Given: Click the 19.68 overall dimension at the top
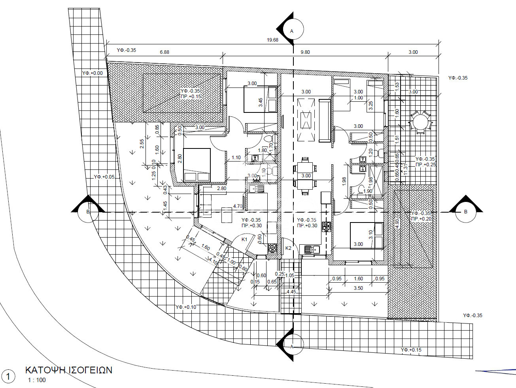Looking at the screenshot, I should [273, 40].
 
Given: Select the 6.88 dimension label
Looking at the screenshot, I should [164, 52].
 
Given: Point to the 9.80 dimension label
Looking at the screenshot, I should [305, 52].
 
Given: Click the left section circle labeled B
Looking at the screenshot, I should [88, 212].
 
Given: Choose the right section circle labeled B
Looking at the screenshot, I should [465, 212].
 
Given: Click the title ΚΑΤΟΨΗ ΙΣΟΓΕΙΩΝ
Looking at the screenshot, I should [69, 370].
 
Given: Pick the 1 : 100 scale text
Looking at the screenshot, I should [36, 380].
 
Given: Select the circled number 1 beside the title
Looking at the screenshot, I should [8, 377].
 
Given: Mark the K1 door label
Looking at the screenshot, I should [244, 240].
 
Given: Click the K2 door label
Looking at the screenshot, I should [288, 248].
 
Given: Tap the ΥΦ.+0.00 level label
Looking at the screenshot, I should [92, 73].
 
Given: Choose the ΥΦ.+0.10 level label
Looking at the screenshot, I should [185, 307].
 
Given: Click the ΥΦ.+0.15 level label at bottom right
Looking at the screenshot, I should [411, 350].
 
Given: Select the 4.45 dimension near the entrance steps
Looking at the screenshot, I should [291, 292].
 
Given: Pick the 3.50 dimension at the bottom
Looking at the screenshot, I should [358, 288].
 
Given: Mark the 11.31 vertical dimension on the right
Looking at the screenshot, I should [405, 168].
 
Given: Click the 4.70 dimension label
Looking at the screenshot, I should [238, 206].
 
